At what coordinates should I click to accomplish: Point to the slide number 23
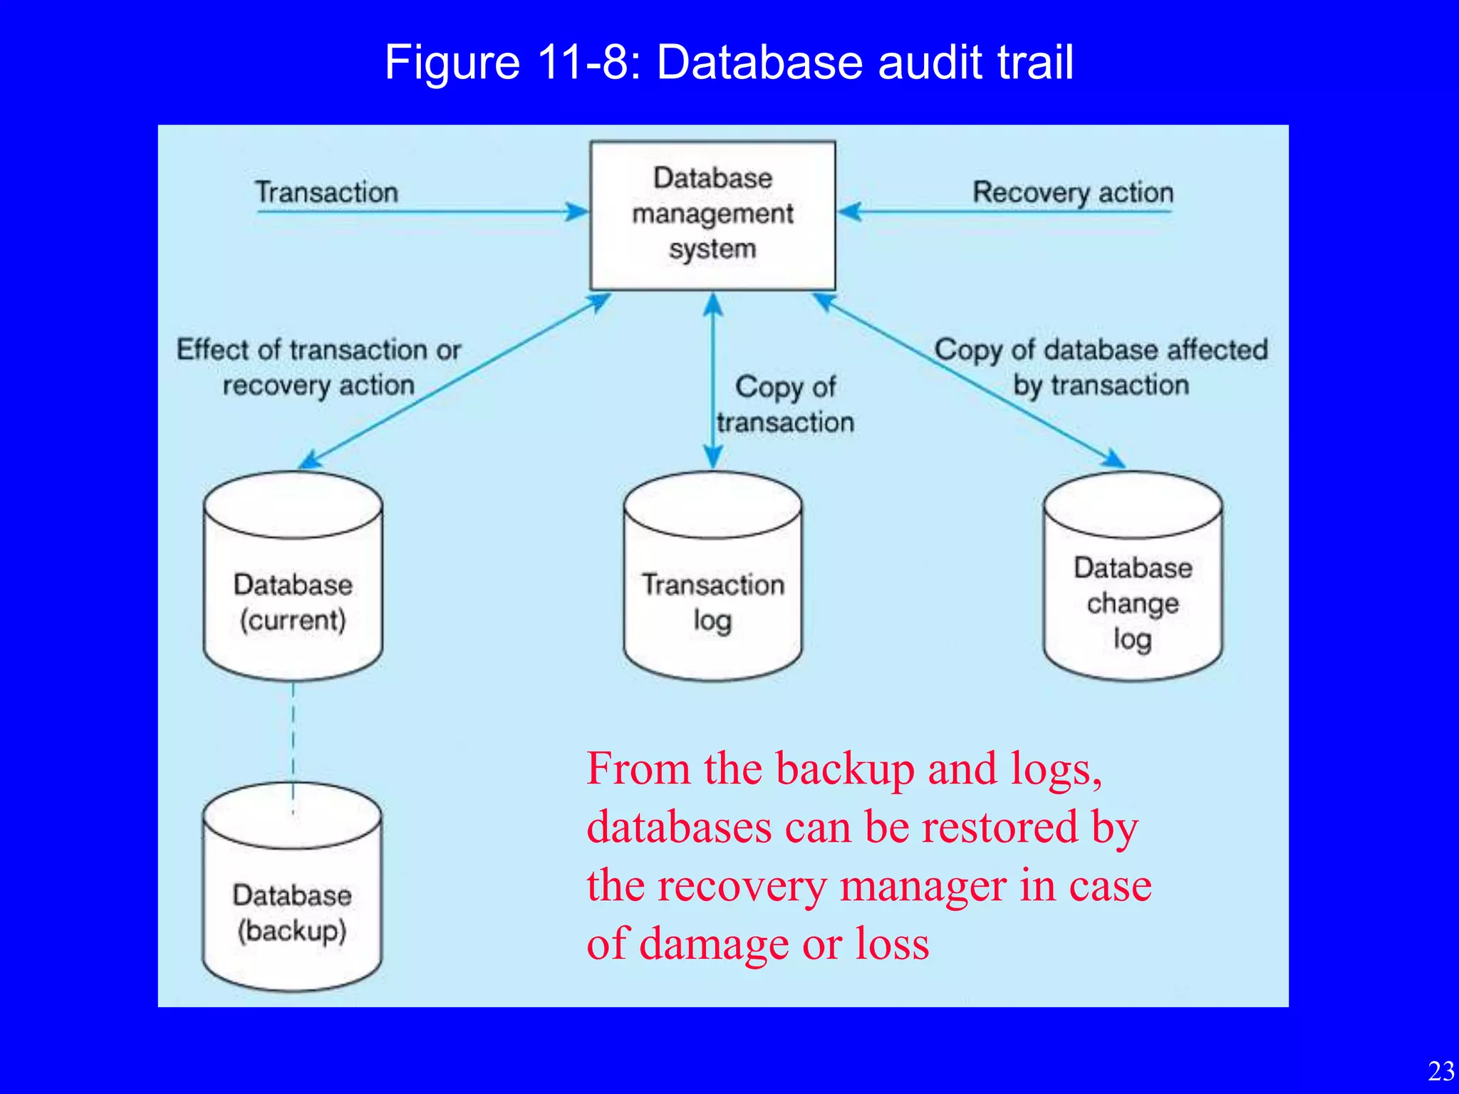[x=1441, y=1071]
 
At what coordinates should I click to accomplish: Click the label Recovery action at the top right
[x=1073, y=192]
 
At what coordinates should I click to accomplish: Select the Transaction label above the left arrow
[x=327, y=192]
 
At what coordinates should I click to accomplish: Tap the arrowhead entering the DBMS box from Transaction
[x=577, y=212]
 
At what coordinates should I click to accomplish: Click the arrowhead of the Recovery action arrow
[x=850, y=212]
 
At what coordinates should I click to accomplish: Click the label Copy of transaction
[x=785, y=405]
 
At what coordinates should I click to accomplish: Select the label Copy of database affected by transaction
[x=1101, y=368]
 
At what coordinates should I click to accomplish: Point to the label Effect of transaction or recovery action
[x=318, y=368]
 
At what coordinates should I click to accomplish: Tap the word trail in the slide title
[x=1034, y=63]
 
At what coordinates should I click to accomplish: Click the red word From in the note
[x=638, y=769]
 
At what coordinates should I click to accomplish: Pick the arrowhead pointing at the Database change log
[x=1113, y=459]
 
